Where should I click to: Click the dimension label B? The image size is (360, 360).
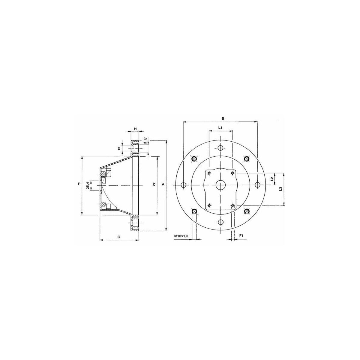[x=223, y=118]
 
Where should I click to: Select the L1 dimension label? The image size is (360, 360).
[x=220, y=127]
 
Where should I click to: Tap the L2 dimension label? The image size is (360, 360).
[x=272, y=178]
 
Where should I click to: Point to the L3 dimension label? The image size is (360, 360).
[x=280, y=189]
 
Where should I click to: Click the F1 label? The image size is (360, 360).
[x=241, y=236]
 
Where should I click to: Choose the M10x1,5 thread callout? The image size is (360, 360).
[x=181, y=236]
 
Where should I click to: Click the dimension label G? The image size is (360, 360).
[x=118, y=237]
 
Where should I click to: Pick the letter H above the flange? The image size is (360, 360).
[x=136, y=128]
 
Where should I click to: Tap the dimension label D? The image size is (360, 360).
[x=118, y=149]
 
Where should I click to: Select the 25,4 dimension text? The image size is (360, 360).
[x=88, y=185]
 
